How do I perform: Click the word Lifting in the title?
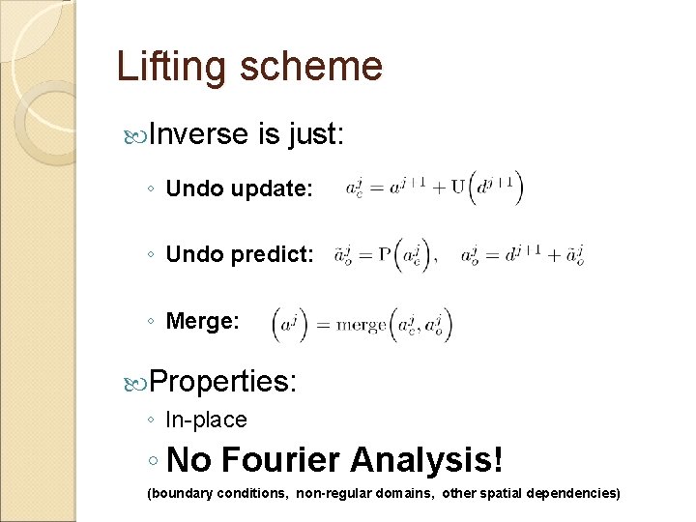(170, 68)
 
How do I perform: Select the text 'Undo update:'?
(240, 189)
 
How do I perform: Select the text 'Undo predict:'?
(240, 255)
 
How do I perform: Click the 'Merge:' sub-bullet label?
(203, 321)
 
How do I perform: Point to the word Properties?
(223, 381)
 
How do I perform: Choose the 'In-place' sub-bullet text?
(207, 420)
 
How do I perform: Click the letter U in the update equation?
(457, 188)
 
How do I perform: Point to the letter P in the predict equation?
(384, 255)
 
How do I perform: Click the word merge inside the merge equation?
(361, 324)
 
